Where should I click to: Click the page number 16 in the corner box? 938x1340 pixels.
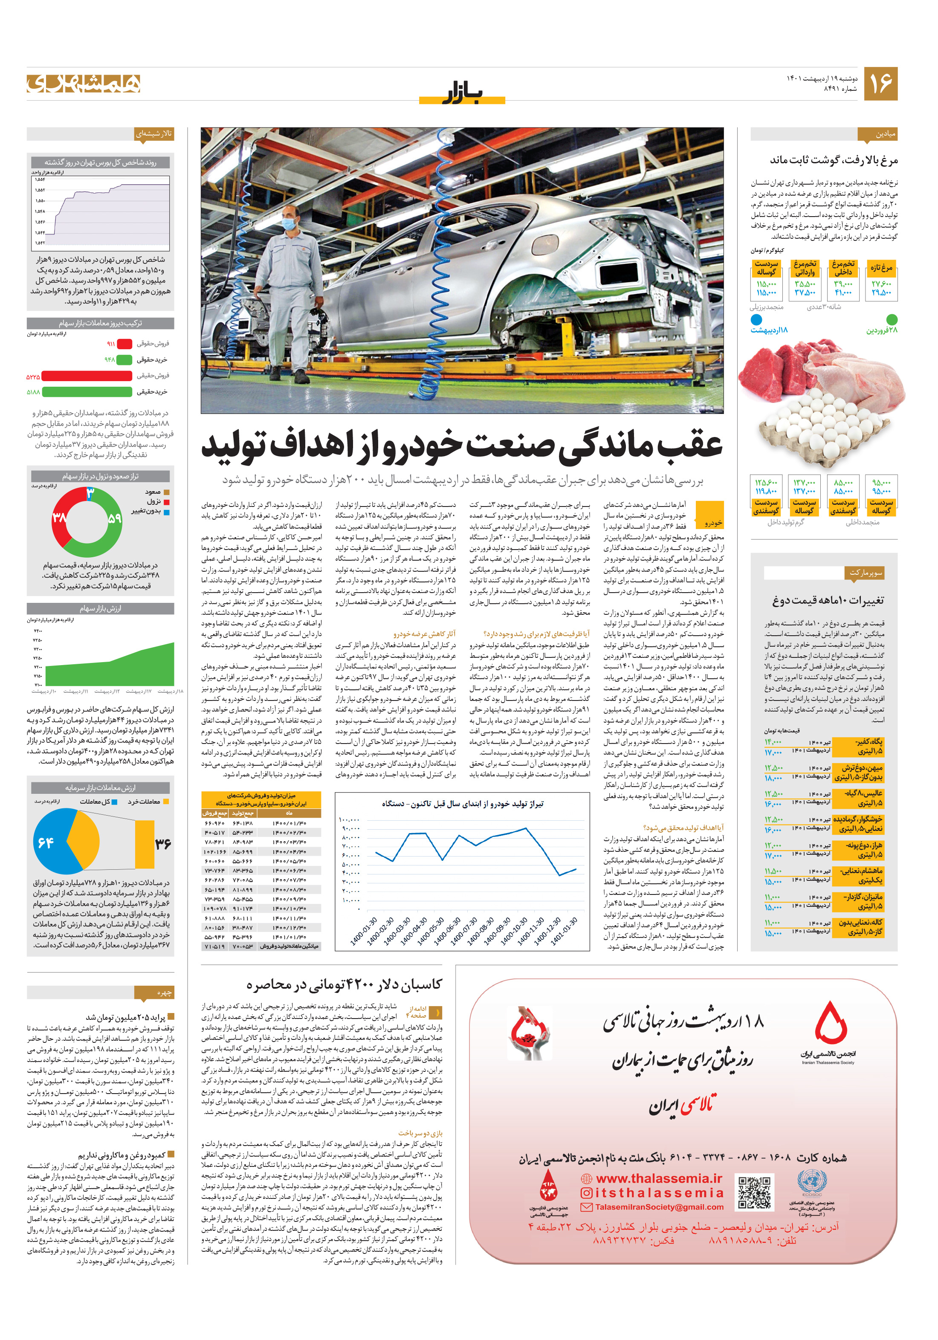[x=880, y=84]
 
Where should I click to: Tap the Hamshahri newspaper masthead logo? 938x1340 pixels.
[x=84, y=84]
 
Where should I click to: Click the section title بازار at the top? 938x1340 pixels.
[x=462, y=93]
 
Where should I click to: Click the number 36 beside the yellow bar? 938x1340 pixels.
[x=163, y=844]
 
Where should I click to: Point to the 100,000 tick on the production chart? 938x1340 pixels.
[x=349, y=820]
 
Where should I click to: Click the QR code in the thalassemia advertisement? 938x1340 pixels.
[x=754, y=1192]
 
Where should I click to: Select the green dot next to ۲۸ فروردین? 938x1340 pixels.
[x=891, y=319]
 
